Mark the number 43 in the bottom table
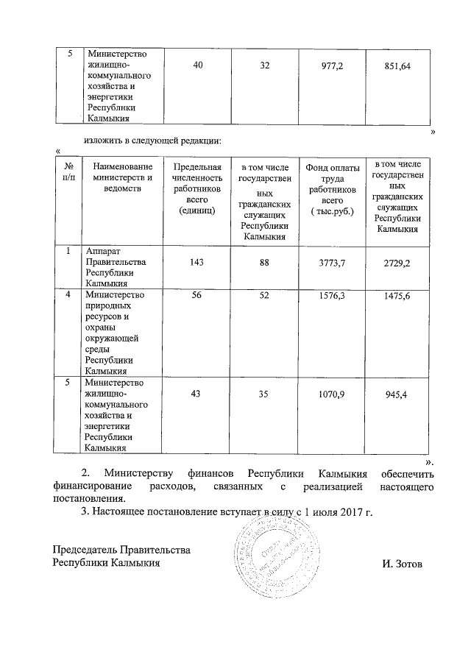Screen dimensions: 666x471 pos(196,395)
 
